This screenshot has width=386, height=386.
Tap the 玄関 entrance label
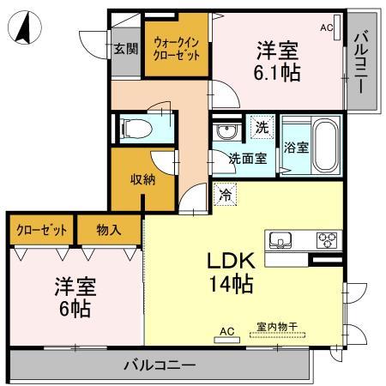pos(125,48)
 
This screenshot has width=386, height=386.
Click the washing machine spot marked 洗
pos(262,128)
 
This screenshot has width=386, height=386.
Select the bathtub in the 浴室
pos(323,144)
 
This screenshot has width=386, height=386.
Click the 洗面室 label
pos(247,159)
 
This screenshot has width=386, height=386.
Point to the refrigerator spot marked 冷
pos(222,195)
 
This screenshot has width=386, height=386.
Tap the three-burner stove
pos(328,239)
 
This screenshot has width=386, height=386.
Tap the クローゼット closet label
pos(41,230)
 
